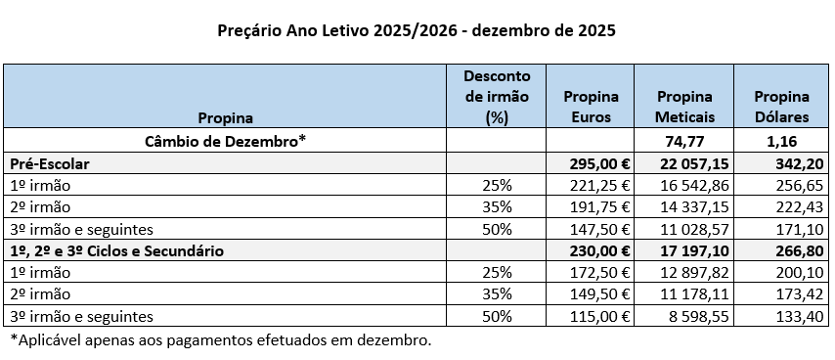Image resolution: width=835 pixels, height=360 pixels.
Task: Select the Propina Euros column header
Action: [x=592, y=107]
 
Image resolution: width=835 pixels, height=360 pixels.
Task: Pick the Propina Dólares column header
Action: [x=781, y=107]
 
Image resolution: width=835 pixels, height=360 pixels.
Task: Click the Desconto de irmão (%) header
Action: [x=498, y=96]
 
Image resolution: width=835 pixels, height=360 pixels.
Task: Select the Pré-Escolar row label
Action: [x=48, y=162]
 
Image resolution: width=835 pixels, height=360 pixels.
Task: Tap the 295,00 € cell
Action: [x=596, y=162]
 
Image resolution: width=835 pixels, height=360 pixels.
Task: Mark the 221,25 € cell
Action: [x=597, y=184]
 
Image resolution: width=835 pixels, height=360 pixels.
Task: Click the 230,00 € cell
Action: [x=596, y=250]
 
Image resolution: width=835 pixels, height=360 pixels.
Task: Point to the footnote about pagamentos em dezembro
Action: [x=220, y=339]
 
